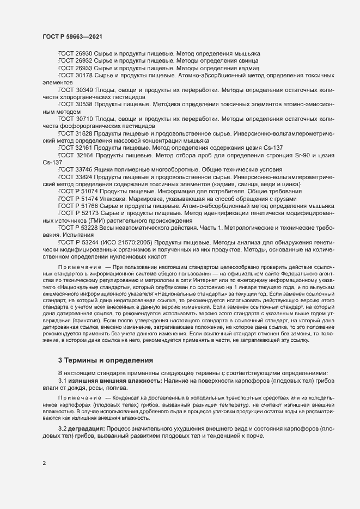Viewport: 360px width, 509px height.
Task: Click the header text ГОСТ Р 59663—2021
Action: pos(71,36)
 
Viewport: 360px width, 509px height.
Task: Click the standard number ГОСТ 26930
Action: pos(75,54)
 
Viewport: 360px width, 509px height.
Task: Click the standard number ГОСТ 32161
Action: pos(75,147)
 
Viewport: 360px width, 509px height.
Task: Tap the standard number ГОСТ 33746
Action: pos(75,169)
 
